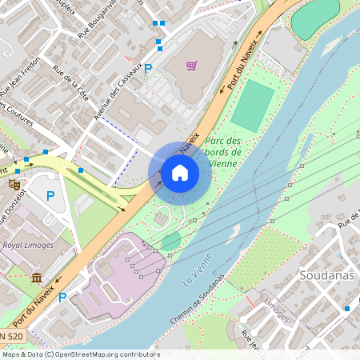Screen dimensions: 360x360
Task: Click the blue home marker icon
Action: (x=180, y=172)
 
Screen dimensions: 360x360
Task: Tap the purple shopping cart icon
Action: (x=191, y=66)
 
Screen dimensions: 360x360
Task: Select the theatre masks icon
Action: (x=14, y=184)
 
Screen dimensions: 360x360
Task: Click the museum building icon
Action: (x=37, y=278)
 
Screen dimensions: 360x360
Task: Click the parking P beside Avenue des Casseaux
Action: (x=147, y=69)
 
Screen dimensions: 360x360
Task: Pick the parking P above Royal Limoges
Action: (x=50, y=195)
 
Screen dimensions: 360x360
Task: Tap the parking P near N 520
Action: (x=62, y=319)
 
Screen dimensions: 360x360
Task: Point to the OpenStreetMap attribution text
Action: (x=81, y=354)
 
